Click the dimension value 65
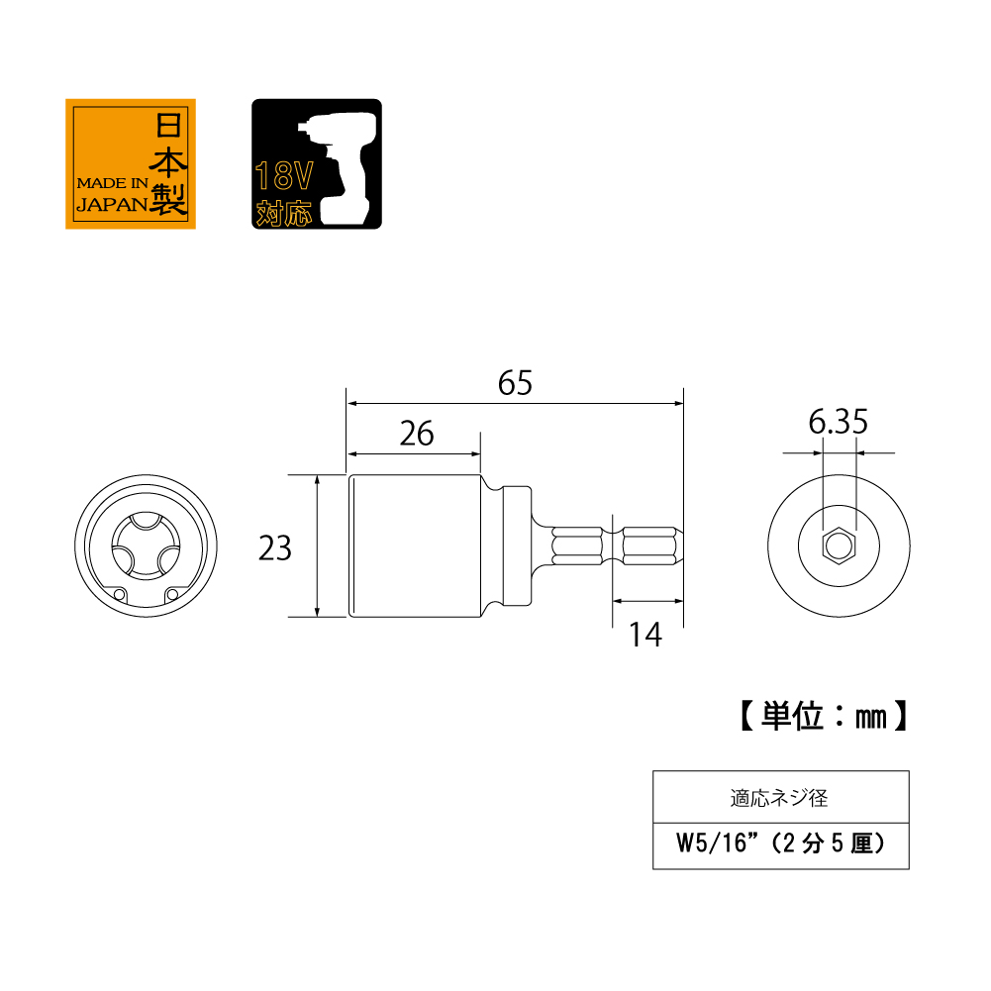(515, 383)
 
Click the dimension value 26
(417, 434)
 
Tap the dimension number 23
(275, 547)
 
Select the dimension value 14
(645, 635)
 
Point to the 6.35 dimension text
(839, 422)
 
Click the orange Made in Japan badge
(131, 163)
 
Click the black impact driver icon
(317, 163)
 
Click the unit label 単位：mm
(824, 716)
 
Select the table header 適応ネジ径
(779, 798)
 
